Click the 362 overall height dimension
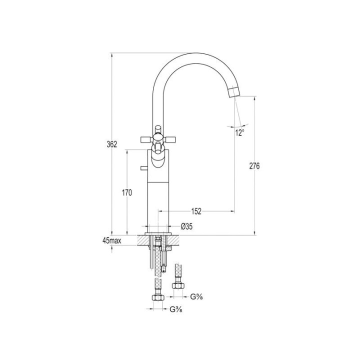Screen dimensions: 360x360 coord(112,144)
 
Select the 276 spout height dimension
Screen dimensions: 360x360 coord(254,166)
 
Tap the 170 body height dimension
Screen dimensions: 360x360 coord(127,192)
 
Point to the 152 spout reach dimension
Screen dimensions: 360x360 coord(196,211)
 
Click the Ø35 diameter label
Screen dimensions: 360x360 coord(186,226)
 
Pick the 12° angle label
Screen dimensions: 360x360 coord(239,132)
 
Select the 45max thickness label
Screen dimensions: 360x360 coord(112,240)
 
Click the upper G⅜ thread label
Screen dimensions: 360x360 coord(196,297)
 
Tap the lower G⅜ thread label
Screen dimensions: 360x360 coord(176,309)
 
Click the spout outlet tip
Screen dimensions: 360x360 coord(235,96)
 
